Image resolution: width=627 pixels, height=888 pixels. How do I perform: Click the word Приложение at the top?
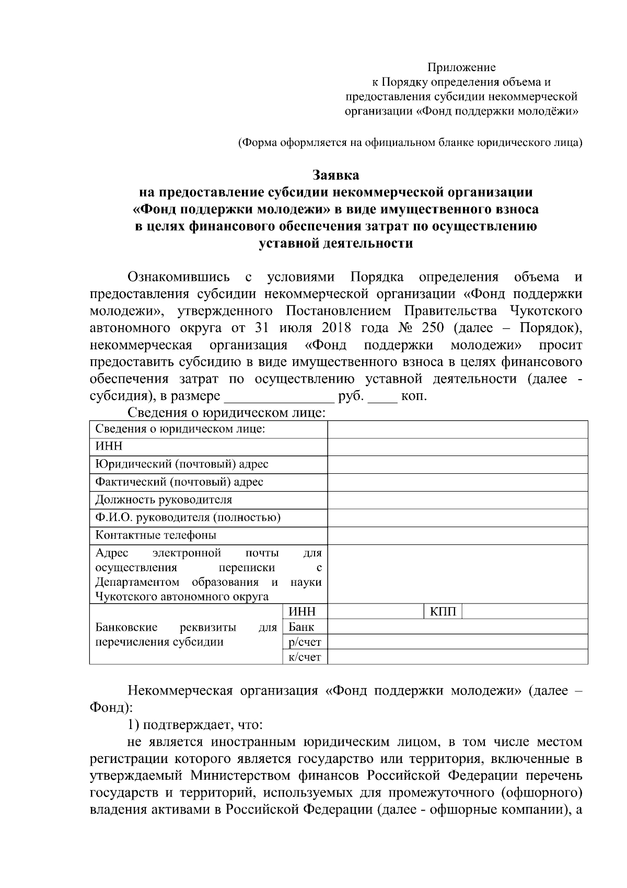461,67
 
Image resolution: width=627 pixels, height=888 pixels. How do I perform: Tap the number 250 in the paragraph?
431,328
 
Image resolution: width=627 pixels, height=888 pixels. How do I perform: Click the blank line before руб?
279,396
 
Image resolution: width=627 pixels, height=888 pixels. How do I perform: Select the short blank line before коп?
382,396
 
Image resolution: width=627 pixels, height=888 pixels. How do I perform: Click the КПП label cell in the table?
443,612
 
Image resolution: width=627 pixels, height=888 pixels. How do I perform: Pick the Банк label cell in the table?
301,627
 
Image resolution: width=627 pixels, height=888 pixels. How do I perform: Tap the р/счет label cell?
305,642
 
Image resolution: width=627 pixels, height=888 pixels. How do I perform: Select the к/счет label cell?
305,657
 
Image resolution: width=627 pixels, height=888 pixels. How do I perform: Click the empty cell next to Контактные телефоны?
457,536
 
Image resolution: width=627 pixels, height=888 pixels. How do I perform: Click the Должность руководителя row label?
164,499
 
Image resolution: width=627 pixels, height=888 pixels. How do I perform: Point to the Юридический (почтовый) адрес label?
182,464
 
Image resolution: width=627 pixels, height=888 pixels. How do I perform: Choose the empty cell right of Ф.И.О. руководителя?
457,518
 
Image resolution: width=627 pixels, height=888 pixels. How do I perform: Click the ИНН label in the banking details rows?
301,612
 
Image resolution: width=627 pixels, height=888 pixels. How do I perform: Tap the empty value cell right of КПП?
525,612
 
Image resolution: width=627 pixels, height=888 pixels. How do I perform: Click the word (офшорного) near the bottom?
541,793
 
